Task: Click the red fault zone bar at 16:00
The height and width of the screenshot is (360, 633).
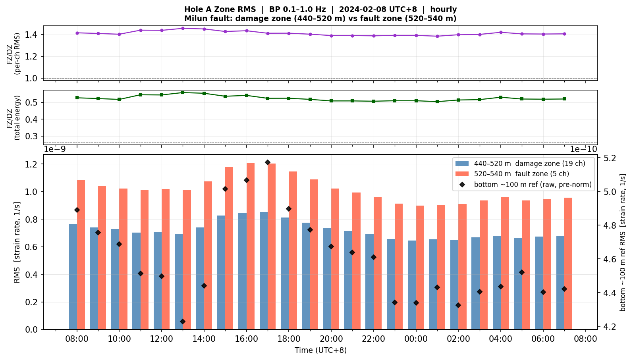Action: point(250,246)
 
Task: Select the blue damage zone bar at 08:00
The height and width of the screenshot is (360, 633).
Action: point(73,277)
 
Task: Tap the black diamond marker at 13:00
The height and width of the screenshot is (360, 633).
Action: point(183,321)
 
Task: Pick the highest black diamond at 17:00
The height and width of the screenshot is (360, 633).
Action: point(268,162)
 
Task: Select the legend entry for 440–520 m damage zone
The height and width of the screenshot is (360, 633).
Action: point(520,164)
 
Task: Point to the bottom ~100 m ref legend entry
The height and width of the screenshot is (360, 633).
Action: point(525,185)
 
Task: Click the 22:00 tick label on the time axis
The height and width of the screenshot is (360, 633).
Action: point(374,339)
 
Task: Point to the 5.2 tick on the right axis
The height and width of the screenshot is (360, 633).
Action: point(608,158)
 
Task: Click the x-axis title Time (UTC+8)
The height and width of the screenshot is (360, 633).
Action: point(320,350)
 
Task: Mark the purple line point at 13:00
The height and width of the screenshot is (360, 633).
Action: point(183,28)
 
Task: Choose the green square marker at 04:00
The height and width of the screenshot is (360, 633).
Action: point(501,97)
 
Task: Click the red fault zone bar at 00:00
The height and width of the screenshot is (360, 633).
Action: point(420,268)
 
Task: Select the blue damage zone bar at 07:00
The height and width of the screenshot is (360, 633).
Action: point(560,283)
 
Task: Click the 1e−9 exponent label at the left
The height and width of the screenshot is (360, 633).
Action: point(55,149)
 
